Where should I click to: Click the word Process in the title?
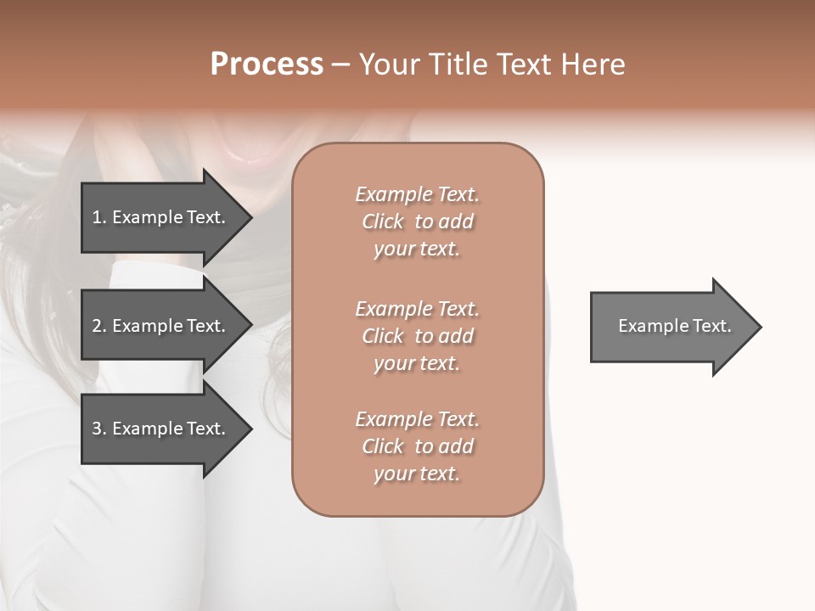pos(267,64)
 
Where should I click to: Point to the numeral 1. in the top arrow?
pos(99,217)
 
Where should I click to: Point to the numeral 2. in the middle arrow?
pos(99,326)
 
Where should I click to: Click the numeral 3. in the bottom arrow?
pos(99,429)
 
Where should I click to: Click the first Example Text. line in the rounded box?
pos(418,194)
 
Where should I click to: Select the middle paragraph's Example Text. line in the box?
pos(418,309)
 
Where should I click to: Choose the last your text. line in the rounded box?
pos(418,474)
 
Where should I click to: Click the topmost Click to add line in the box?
pos(418,221)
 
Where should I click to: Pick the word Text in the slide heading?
pos(520,64)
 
